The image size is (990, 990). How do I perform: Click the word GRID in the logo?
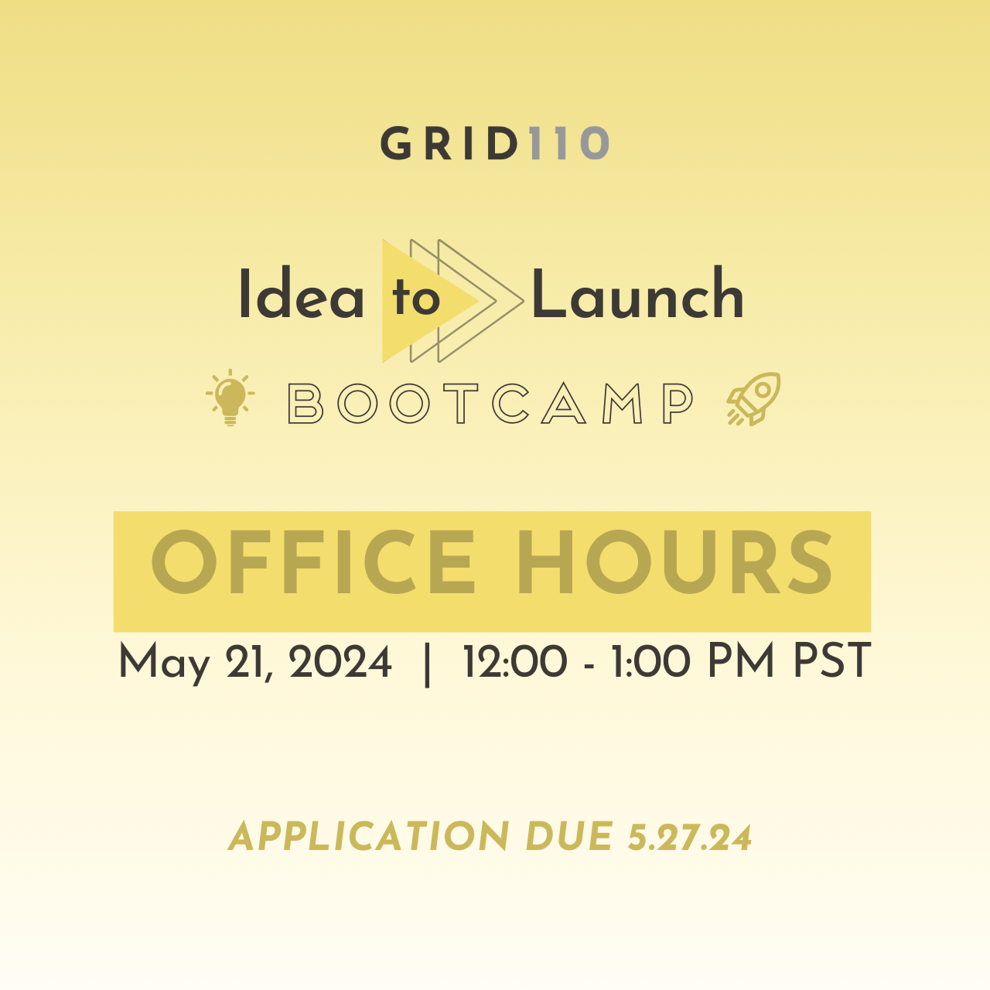(x=449, y=143)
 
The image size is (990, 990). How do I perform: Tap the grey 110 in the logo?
(x=569, y=143)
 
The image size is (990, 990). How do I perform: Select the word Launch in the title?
(x=637, y=293)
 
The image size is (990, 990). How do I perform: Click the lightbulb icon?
(x=230, y=397)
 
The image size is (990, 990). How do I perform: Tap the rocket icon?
(x=753, y=398)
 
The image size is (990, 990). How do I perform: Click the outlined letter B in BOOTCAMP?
(x=306, y=404)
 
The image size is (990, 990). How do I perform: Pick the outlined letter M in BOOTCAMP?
(x=622, y=404)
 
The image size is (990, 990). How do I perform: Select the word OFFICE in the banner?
(x=313, y=562)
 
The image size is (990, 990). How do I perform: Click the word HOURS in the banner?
(x=674, y=562)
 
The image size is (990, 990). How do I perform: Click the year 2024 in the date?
(x=340, y=662)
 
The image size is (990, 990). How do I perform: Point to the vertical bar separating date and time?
(x=427, y=664)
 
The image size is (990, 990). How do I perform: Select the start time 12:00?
(x=515, y=662)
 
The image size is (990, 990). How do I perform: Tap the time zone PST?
(x=832, y=662)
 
